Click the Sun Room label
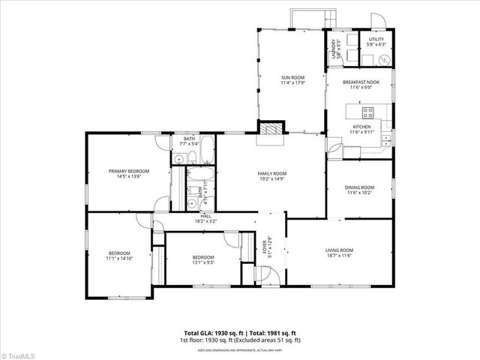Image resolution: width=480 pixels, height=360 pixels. click(x=292, y=77)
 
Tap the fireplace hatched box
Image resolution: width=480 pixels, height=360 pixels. click(x=271, y=127)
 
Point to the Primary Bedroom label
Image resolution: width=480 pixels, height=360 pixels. click(x=125, y=172)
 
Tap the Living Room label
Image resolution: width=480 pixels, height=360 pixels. click(x=338, y=250)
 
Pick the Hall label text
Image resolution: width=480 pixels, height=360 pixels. click(x=184, y=216)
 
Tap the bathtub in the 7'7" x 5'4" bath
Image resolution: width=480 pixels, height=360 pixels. click(x=207, y=149)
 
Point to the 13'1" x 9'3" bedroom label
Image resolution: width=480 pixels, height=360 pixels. click(x=203, y=257)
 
